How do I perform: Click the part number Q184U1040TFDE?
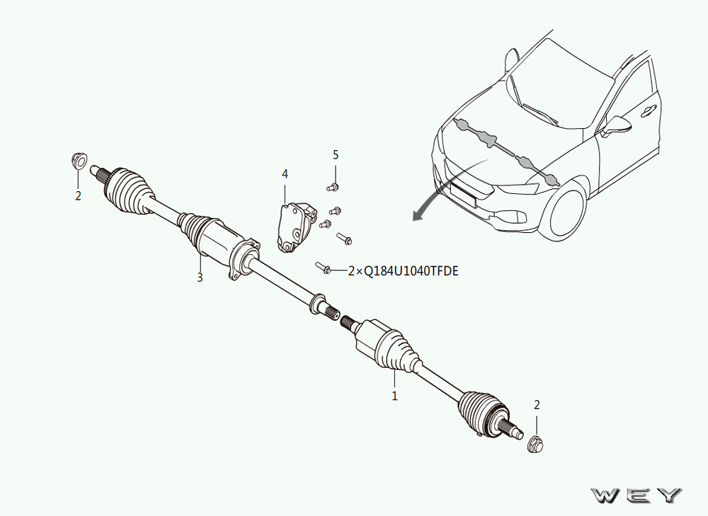pos(411,271)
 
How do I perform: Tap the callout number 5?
pos(336,155)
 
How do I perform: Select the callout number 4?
pos(285,174)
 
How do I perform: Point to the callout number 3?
pos(200,277)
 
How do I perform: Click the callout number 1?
pos(394,396)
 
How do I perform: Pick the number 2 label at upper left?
pos(78,196)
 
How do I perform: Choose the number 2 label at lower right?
pos(537,405)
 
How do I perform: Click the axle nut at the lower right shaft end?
pos(535,445)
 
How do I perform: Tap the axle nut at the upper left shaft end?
pos(79,160)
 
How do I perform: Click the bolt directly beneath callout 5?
pos(332,186)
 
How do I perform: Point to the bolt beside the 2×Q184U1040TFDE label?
pos(324,268)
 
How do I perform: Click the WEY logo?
pos(636,495)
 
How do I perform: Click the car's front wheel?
pos(565,215)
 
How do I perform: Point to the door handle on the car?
pos(649,110)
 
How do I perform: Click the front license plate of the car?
pos(463,195)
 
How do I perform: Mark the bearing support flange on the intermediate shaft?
pos(243,260)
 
